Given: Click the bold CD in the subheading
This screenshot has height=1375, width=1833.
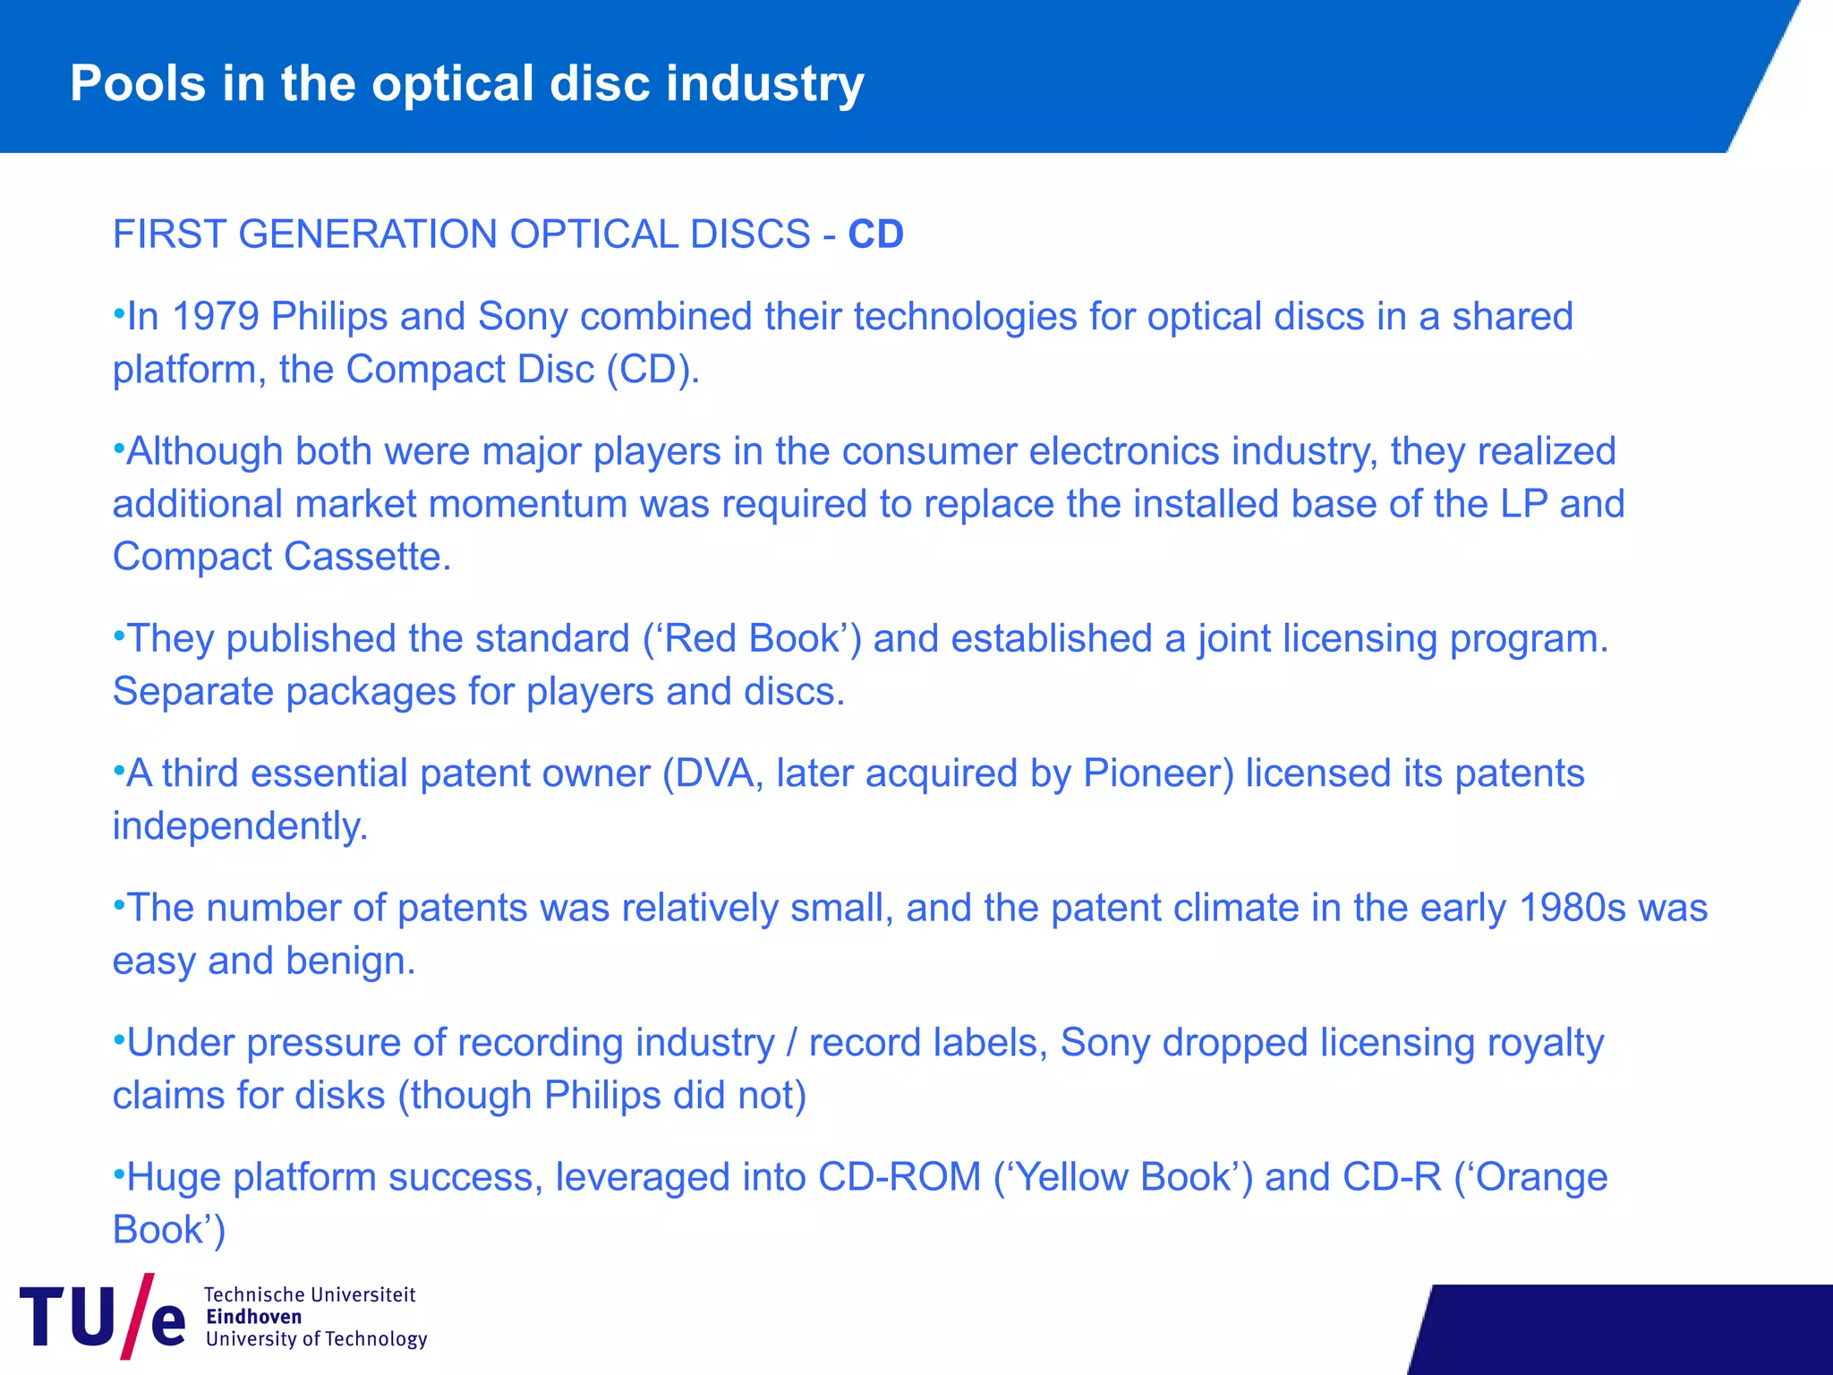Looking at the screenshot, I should [875, 235].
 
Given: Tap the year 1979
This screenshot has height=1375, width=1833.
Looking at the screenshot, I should [215, 317].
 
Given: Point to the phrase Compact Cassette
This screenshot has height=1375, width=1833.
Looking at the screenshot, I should [281, 557].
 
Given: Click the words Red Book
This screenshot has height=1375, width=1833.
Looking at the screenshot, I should [752, 639].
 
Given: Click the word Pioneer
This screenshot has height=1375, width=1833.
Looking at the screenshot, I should [1158, 773].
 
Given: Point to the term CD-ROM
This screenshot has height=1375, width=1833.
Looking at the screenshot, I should [899, 1177].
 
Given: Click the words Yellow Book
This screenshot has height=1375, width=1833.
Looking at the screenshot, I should [1128, 1177].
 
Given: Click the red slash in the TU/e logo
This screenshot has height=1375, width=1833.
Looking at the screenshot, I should [135, 1316].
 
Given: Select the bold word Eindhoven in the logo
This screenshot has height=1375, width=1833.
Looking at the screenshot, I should [254, 1317].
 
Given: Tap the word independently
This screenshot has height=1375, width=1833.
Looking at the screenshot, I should [240, 826].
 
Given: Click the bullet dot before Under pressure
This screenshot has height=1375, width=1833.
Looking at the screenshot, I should [118, 1038].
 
